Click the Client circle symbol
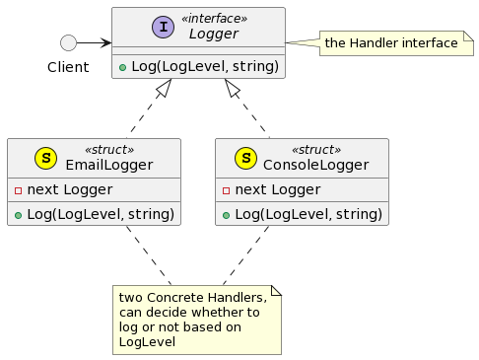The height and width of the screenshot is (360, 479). point(68,42)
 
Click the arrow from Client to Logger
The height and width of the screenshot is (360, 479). point(95,42)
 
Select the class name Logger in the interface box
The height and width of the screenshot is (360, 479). point(213,35)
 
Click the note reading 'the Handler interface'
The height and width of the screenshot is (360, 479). point(392,43)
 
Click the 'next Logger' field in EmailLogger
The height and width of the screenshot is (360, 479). point(64,189)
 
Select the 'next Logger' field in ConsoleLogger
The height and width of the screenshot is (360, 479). point(272,189)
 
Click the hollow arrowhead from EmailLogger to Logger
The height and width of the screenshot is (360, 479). point(164,89)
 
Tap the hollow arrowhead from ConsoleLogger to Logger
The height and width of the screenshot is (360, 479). point(234,89)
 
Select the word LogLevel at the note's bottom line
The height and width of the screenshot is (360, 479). point(147,341)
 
